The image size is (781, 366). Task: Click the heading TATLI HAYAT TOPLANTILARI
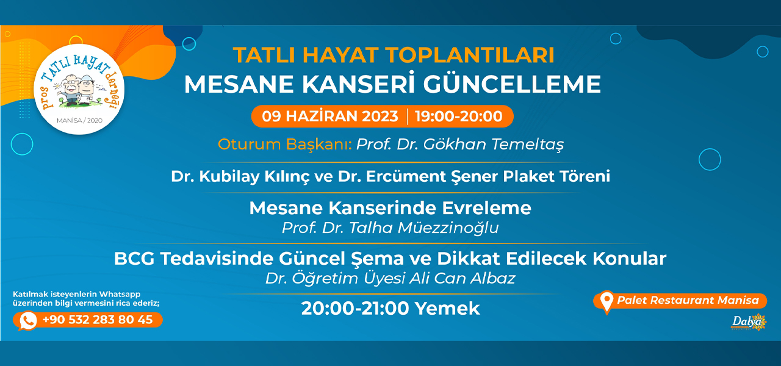(394, 55)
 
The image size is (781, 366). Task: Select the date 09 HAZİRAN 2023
(330, 116)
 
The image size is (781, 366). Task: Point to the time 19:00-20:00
(459, 116)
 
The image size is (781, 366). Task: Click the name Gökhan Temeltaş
(494, 145)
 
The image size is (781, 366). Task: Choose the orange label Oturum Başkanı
(285, 145)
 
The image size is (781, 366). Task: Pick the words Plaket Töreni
(556, 176)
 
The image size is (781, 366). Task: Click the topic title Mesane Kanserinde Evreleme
(390, 208)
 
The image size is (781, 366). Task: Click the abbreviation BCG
(134, 259)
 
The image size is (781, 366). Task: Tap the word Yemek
(447, 309)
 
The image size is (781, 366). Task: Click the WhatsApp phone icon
(28, 320)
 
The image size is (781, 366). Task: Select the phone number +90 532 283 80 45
(97, 320)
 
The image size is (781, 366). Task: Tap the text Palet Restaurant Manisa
(688, 300)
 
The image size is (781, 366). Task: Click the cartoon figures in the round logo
(77, 90)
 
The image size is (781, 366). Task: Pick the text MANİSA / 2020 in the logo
(79, 121)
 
